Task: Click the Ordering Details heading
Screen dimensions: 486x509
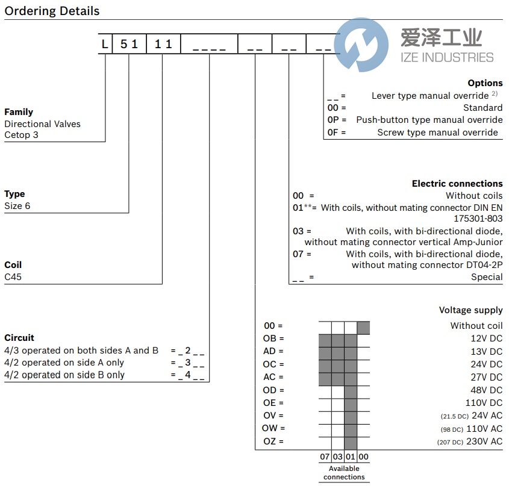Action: coord(52,11)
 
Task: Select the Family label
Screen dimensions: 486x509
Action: coord(19,112)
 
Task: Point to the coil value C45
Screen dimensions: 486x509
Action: coord(13,276)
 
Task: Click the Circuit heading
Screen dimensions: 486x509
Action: coord(19,338)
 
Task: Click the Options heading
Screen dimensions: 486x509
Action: coord(484,83)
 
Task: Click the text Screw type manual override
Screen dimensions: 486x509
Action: coord(437,132)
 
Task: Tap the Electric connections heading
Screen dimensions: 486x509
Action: coord(457,184)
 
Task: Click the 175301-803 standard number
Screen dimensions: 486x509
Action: coord(478,219)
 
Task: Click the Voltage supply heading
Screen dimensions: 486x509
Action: coord(470,310)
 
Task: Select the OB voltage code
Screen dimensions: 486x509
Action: coord(270,338)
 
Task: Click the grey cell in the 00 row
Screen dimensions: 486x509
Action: coord(363,327)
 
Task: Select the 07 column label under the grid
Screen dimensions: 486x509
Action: coord(325,457)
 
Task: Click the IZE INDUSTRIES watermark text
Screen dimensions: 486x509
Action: coord(447,58)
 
